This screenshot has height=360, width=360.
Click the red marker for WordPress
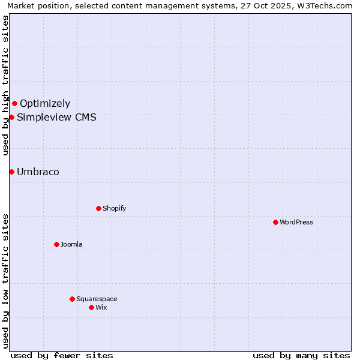click(x=275, y=222)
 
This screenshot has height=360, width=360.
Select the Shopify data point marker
click(x=98, y=208)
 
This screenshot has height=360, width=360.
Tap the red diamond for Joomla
click(x=56, y=244)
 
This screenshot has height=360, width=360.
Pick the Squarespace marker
click(x=72, y=299)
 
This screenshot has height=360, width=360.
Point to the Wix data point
click(x=91, y=307)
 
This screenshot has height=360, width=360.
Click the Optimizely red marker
click(x=14, y=103)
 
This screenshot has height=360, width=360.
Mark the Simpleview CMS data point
click(x=11, y=117)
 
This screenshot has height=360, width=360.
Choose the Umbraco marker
click(x=11, y=172)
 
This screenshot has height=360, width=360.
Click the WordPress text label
click(x=296, y=222)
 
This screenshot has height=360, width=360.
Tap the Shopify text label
click(x=114, y=208)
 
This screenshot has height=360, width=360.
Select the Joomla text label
click(x=71, y=244)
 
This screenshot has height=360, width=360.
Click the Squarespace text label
click(x=97, y=299)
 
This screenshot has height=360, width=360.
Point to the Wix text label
click(x=101, y=307)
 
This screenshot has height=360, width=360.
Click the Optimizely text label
click(x=45, y=103)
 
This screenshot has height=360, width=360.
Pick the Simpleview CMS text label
click(x=56, y=117)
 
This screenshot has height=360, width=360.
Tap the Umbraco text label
click(x=38, y=172)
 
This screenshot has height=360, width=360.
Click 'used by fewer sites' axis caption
click(x=62, y=355)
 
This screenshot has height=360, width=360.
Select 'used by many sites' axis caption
click(x=301, y=355)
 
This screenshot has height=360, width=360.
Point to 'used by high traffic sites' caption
click(x=5, y=85)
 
